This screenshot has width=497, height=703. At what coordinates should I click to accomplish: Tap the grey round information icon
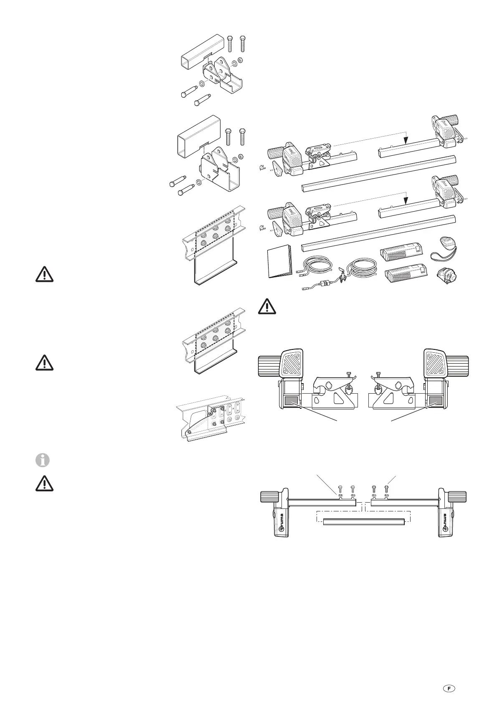click(x=43, y=460)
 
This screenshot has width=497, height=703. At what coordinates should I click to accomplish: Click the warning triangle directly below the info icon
click(x=44, y=483)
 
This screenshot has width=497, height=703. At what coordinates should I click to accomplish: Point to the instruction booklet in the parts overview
click(x=280, y=263)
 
